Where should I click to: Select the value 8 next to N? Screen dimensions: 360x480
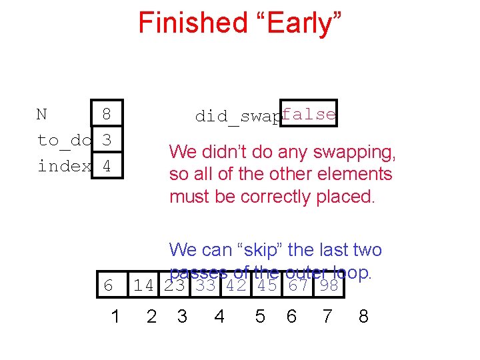(106, 115)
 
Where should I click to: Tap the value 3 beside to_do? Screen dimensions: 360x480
(106, 140)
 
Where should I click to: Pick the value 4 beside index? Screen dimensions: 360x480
(106, 165)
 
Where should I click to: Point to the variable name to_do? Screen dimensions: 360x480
(64, 140)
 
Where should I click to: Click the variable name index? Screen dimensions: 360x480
(64, 165)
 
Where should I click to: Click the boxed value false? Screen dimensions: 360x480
(308, 114)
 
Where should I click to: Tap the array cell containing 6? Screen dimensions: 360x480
(109, 286)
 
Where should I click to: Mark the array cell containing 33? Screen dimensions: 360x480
(207, 286)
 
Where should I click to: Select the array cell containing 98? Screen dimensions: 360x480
(329, 286)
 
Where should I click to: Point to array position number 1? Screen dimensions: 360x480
(115, 316)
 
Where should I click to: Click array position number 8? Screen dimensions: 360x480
(363, 316)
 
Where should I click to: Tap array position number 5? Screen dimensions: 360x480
(260, 316)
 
